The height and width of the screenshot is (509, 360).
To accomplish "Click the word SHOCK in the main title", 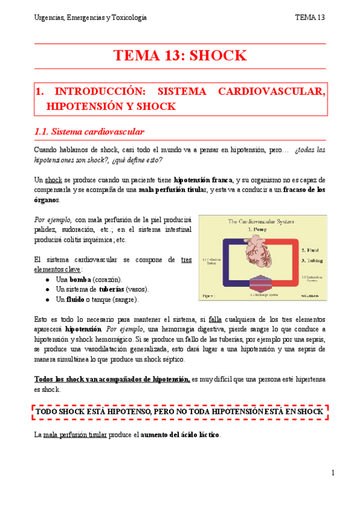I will (x=218, y=56).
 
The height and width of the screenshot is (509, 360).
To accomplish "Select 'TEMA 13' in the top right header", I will (x=310, y=18).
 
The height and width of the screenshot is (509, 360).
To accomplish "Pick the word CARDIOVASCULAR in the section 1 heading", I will (x=272, y=92).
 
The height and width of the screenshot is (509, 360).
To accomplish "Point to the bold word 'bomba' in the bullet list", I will (x=80, y=280).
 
